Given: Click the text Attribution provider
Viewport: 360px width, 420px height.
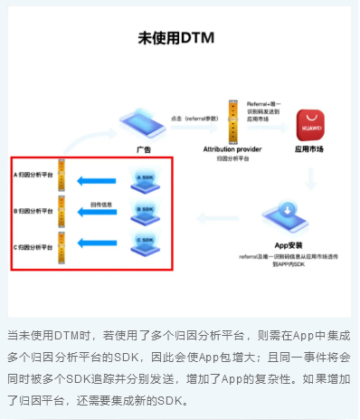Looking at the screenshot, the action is point(232,147).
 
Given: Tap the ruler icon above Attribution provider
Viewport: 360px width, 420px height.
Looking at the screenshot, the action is point(232,118).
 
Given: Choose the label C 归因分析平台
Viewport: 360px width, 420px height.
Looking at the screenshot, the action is point(33,247).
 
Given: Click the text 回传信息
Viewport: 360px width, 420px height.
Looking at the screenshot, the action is point(100,205).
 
